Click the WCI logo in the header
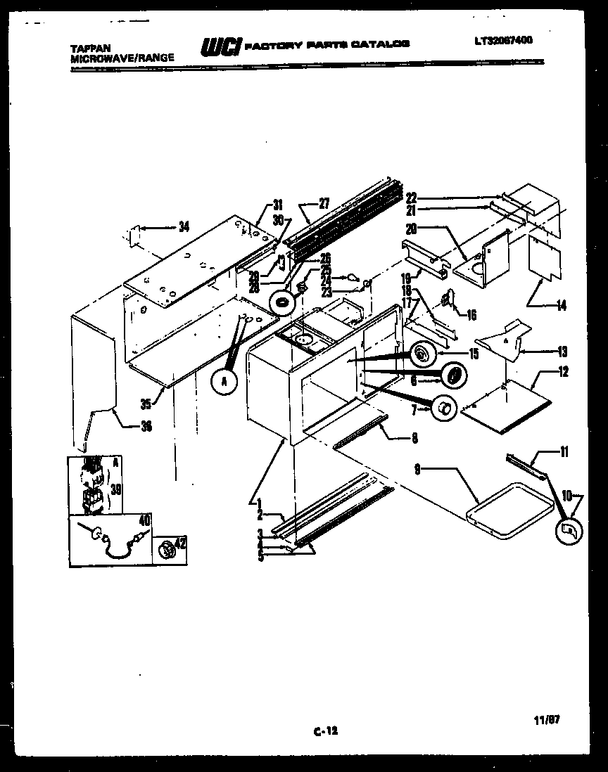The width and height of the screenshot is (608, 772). point(221,46)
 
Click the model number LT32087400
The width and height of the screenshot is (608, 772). point(503,40)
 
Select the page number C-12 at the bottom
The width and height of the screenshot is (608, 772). point(325,731)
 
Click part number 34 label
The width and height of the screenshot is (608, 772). point(184,226)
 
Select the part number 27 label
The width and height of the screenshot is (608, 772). point(323,204)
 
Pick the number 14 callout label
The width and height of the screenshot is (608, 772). point(561,306)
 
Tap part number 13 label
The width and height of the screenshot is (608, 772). point(562,352)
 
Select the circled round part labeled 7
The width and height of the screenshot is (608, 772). point(443,407)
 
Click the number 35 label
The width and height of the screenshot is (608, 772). point(146,404)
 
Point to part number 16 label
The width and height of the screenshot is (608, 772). point(471,316)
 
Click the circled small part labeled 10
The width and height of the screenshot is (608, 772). point(569,532)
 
